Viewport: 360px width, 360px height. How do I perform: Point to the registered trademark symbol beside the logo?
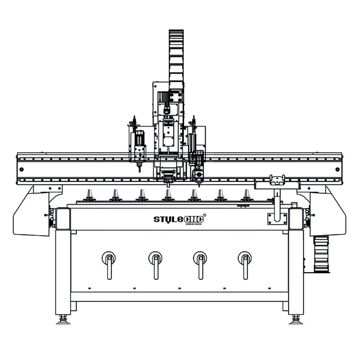pos(205,215)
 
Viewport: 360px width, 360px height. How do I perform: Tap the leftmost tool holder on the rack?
pos(89,195)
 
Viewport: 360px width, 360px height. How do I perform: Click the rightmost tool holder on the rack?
pos(247,195)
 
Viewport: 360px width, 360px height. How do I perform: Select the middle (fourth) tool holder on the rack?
pos(168,195)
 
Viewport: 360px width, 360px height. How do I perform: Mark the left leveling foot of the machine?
pos(63,319)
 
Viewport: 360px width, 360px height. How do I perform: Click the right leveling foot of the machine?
pos(296,319)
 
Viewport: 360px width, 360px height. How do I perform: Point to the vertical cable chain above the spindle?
pos(176,58)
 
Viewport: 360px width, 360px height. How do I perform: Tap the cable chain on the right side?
pos(321,254)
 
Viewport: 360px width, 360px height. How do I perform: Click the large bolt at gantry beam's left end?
pos(22,169)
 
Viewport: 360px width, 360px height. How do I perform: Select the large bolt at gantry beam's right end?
pos(337,169)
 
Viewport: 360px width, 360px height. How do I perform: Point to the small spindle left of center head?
pos(138,148)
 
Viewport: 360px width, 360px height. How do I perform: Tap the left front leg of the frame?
pos(63,270)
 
